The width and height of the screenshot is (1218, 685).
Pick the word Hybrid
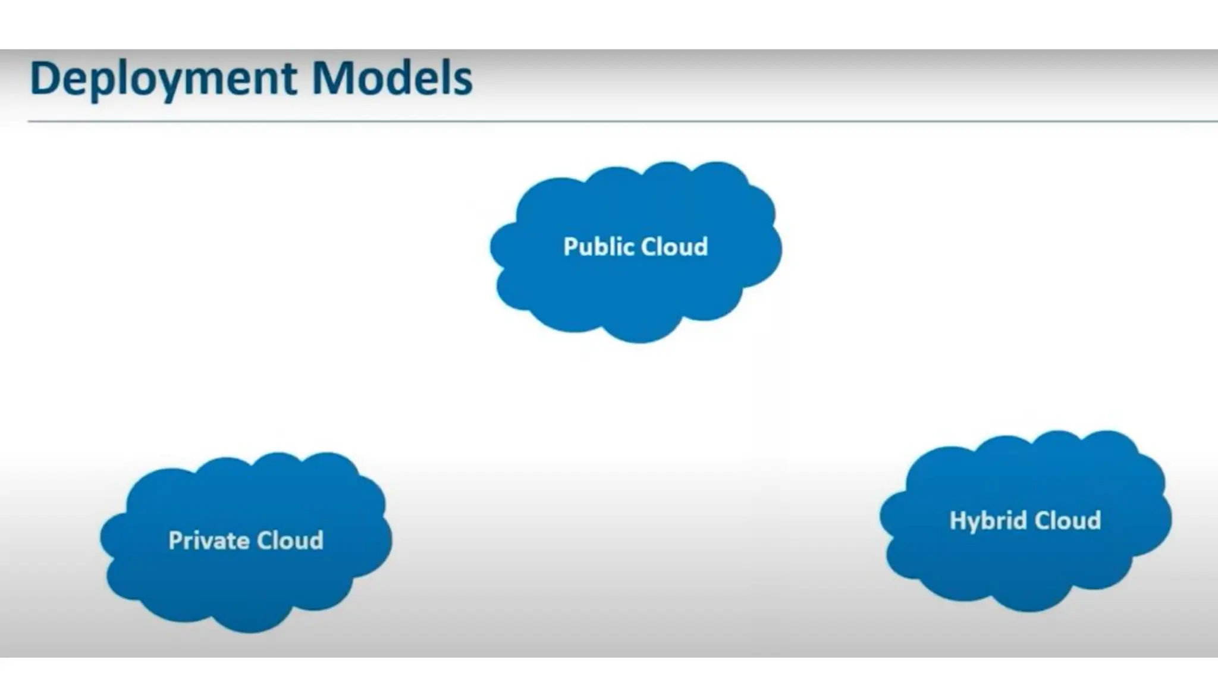coord(988,521)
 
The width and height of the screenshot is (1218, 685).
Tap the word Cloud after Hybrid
coord(1068,521)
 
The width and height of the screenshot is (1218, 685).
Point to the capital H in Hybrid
coord(957,520)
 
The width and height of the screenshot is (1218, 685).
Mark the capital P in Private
coord(175,541)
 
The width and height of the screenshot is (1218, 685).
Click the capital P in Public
coord(570,247)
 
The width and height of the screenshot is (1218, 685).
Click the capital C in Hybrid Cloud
coord(1042,521)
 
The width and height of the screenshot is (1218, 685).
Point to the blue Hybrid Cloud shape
coord(1025,565)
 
